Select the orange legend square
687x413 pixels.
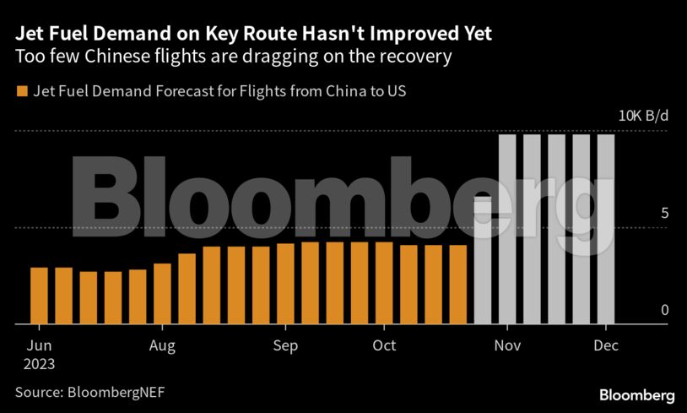point(21,90)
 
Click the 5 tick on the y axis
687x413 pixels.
point(665,213)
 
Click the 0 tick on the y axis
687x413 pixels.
point(665,310)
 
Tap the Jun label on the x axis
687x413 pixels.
point(40,345)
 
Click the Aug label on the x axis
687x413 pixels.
point(162,345)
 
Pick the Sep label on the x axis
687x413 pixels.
point(286,345)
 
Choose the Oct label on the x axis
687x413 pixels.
point(384,345)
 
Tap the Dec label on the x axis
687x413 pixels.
point(606,345)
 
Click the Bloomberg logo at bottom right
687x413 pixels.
point(636,394)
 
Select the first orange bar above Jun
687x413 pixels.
point(39,295)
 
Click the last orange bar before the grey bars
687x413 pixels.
point(458,284)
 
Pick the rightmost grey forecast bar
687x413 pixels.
point(606,229)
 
